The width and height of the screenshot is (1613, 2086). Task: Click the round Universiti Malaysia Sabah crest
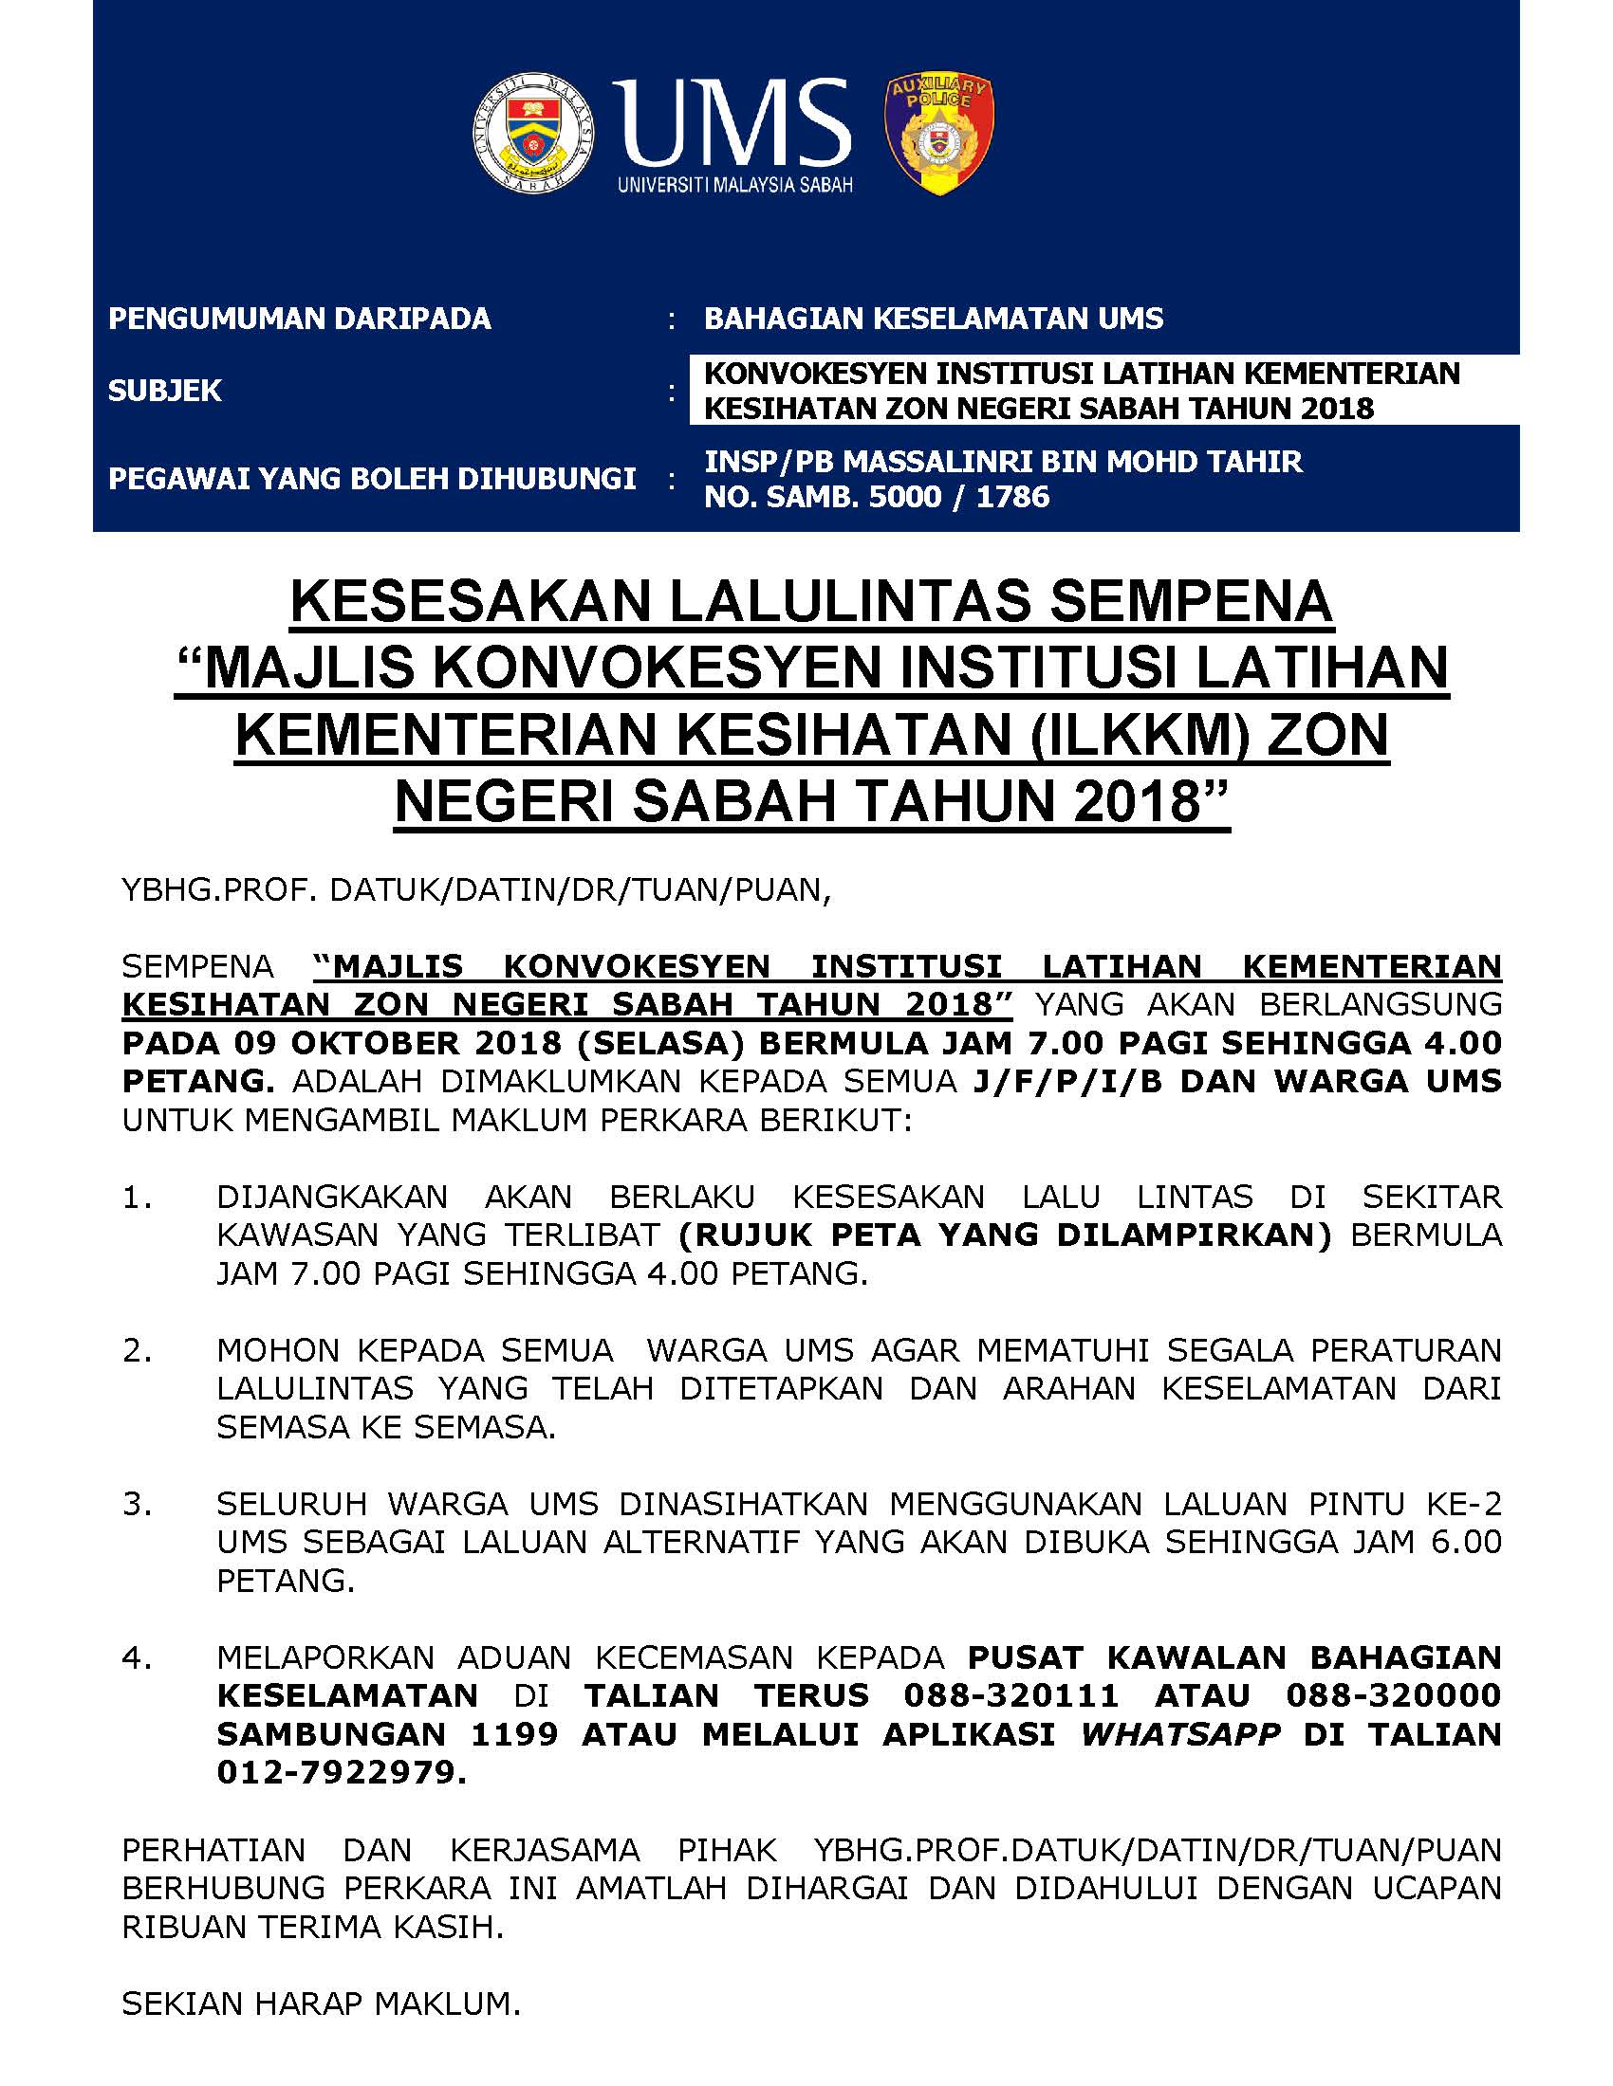coord(534,131)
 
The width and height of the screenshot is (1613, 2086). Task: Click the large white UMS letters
coord(730,121)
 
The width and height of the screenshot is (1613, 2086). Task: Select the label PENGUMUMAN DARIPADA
coord(299,318)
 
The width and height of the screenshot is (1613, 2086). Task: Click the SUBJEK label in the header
coord(164,391)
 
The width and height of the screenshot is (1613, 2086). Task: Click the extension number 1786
coord(1012,497)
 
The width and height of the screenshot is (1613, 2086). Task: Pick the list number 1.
coord(137,1197)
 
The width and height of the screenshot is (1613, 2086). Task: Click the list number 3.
coord(137,1505)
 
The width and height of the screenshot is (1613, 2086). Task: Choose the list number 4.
coord(137,1657)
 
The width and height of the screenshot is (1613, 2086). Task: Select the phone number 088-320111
coord(1011,1695)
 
